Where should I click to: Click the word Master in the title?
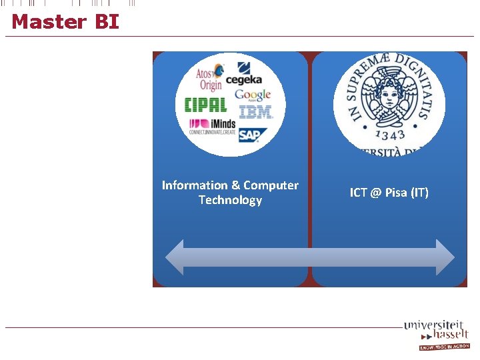point(49,22)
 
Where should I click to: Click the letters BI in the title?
point(107,22)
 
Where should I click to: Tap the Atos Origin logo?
point(210,78)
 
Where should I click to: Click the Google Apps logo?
point(253,95)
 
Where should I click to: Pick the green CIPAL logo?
point(205,105)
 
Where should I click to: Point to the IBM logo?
point(254,113)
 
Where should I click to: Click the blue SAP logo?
point(251,135)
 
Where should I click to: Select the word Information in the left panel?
point(195,185)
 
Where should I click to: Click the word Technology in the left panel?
point(230,200)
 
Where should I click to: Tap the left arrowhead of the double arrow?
point(175,257)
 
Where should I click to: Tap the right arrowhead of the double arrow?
point(445,257)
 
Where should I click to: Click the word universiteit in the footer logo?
point(434,325)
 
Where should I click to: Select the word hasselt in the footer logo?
point(450,335)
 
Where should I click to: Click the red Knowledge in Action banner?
point(445,347)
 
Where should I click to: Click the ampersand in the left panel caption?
point(235,185)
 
